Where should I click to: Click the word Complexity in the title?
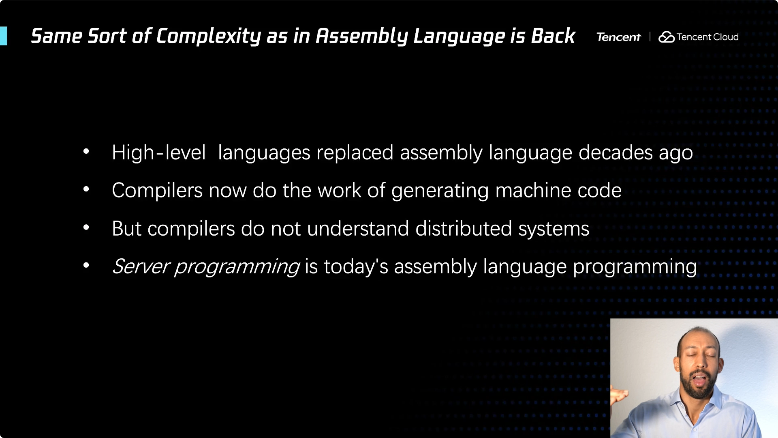(208, 36)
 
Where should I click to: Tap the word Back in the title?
(553, 36)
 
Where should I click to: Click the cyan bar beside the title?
(3, 36)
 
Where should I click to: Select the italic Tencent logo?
(618, 37)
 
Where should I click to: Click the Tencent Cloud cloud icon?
(667, 37)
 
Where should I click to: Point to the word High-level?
(159, 152)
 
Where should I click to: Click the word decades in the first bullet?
(616, 152)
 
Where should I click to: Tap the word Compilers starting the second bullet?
(157, 191)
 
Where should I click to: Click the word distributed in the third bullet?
(464, 228)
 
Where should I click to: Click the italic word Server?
(140, 266)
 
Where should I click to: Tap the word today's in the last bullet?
(356, 266)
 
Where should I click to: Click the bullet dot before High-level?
(86, 152)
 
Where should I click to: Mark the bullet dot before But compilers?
(86, 228)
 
